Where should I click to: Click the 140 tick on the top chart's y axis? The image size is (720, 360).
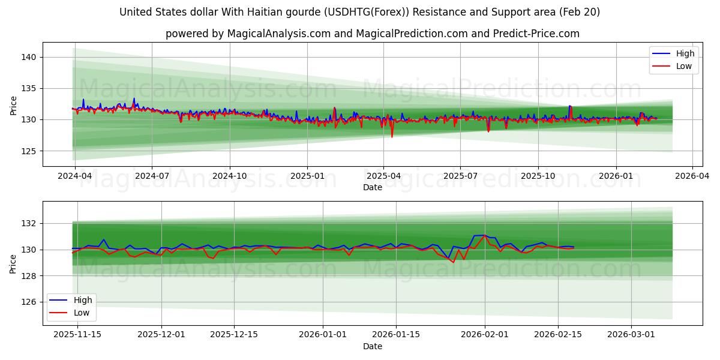point(29,57)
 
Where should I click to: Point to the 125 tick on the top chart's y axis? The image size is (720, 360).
point(29,151)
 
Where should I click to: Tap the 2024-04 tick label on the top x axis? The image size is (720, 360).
point(74,176)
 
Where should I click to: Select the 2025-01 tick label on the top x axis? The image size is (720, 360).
point(307,176)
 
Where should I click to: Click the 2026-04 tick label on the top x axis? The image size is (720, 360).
point(692,176)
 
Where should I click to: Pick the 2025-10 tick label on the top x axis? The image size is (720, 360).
point(538,176)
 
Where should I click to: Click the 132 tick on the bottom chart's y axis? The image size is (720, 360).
point(29,223)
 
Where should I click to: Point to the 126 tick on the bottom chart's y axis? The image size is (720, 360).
point(29,302)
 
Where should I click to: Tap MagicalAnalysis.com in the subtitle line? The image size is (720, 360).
point(278,34)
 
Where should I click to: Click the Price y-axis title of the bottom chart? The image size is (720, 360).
point(13,263)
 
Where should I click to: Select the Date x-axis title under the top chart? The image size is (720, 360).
point(372,187)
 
